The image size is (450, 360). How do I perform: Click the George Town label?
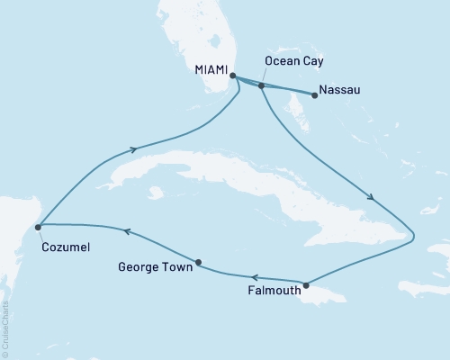pyautogui.click(x=156, y=266)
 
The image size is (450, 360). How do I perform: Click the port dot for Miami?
pyautogui.click(x=233, y=76)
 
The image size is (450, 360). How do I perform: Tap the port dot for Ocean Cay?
pyautogui.click(x=261, y=86)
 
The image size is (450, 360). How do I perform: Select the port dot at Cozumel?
pyautogui.click(x=38, y=228)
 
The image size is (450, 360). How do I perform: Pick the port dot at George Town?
pyautogui.click(x=198, y=263)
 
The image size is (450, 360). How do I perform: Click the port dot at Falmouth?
pyautogui.click(x=307, y=285)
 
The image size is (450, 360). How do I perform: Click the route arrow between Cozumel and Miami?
pyautogui.click(x=135, y=150)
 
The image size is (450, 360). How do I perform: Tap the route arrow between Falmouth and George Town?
pyautogui.click(x=256, y=278)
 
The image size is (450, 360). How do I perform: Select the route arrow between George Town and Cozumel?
pyautogui.click(x=127, y=231)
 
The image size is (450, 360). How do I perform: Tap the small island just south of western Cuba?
pyautogui.click(x=157, y=192)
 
